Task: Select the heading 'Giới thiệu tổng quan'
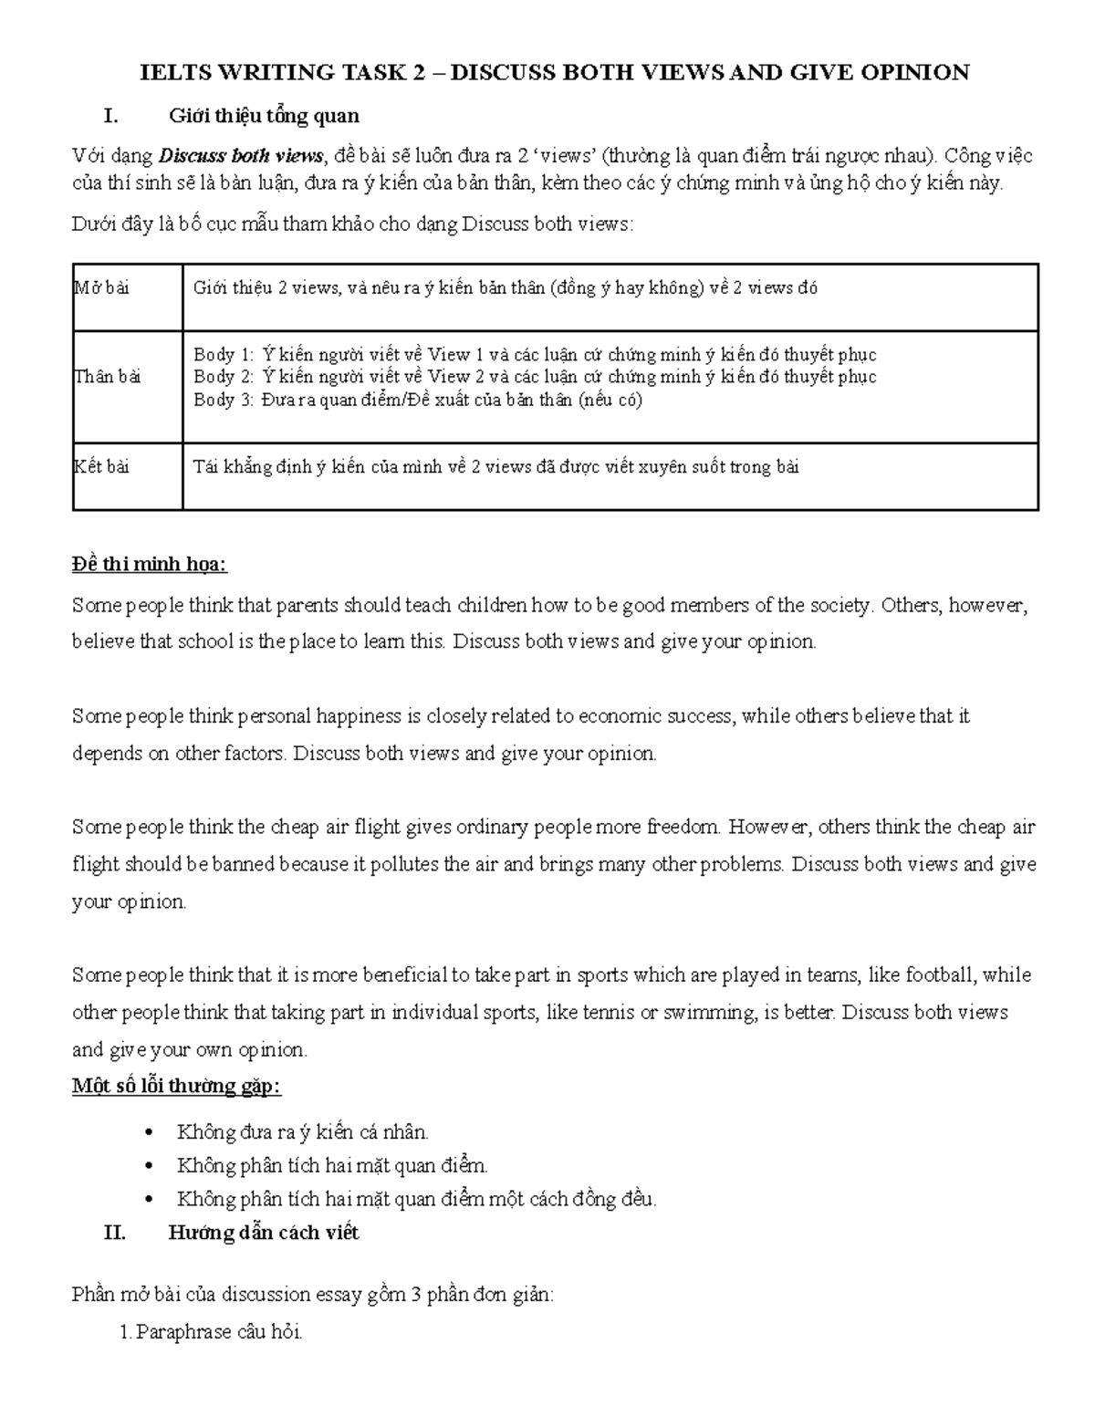click(264, 116)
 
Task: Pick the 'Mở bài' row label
click(101, 288)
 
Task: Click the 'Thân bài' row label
click(107, 377)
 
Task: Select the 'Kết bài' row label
click(101, 467)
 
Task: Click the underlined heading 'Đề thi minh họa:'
click(150, 566)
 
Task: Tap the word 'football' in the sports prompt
click(940, 975)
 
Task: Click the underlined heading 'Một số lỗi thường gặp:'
click(176, 1087)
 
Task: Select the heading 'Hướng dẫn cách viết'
click(264, 1233)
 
